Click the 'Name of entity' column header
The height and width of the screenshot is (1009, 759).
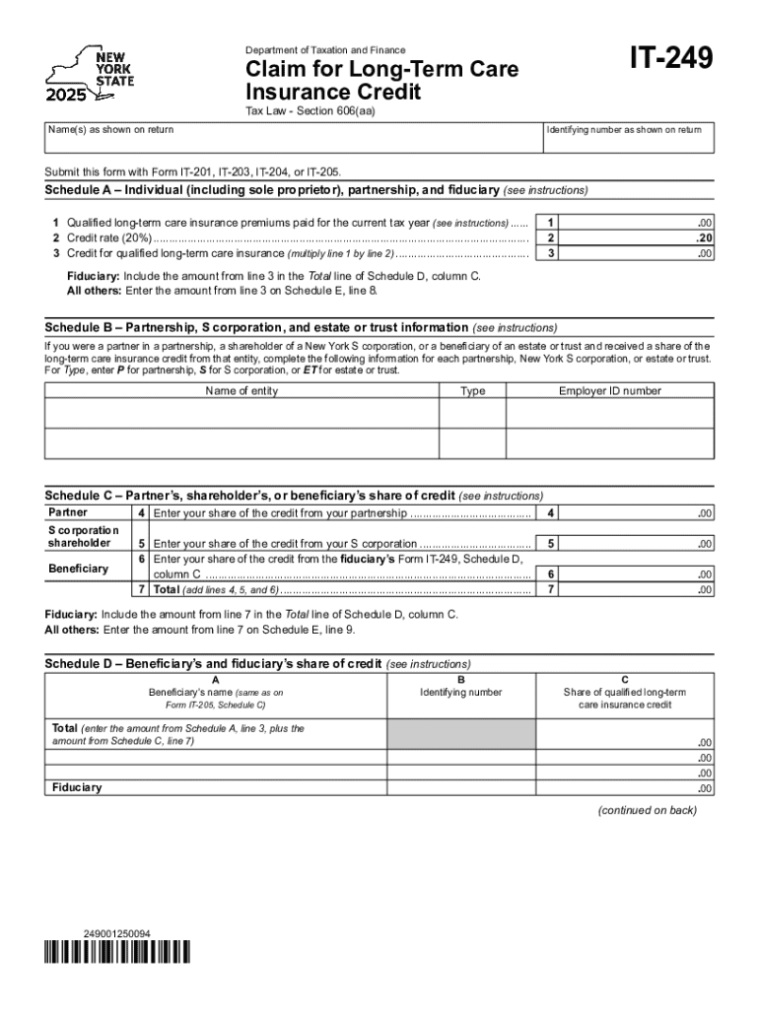(x=241, y=391)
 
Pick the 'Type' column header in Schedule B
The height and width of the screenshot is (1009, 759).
(x=472, y=391)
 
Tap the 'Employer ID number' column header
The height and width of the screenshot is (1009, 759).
(x=610, y=391)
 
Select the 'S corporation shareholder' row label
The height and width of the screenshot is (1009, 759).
(x=84, y=536)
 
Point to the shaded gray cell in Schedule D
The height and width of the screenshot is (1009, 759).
(x=461, y=734)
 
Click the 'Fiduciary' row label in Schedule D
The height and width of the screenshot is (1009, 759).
(x=77, y=787)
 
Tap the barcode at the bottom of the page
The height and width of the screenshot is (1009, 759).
(x=117, y=953)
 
